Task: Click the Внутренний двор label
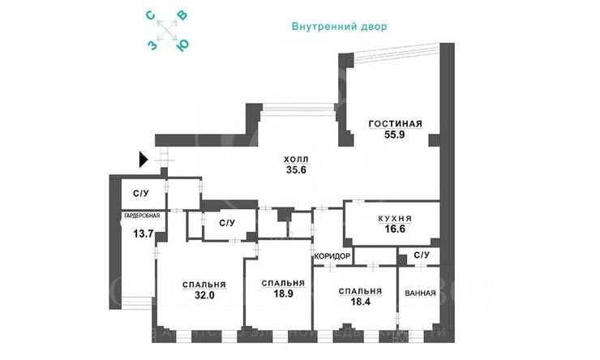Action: pos(340,26)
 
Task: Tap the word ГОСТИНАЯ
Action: pos(396,124)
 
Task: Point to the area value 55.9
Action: pos(396,135)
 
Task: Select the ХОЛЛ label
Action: pos(295,160)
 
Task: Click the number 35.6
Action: pos(295,170)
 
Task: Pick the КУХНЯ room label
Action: pos(395,219)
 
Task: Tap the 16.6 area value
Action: pos(395,230)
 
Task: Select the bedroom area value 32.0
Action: pos(204,296)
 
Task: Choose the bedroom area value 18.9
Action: pos(283,295)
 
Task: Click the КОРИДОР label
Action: pos(332,256)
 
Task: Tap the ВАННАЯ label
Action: pos(420,294)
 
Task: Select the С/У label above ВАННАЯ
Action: pos(421,256)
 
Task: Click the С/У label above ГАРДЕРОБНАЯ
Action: pos(140,194)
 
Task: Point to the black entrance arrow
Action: pos(144,160)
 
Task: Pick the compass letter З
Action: pos(152,45)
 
